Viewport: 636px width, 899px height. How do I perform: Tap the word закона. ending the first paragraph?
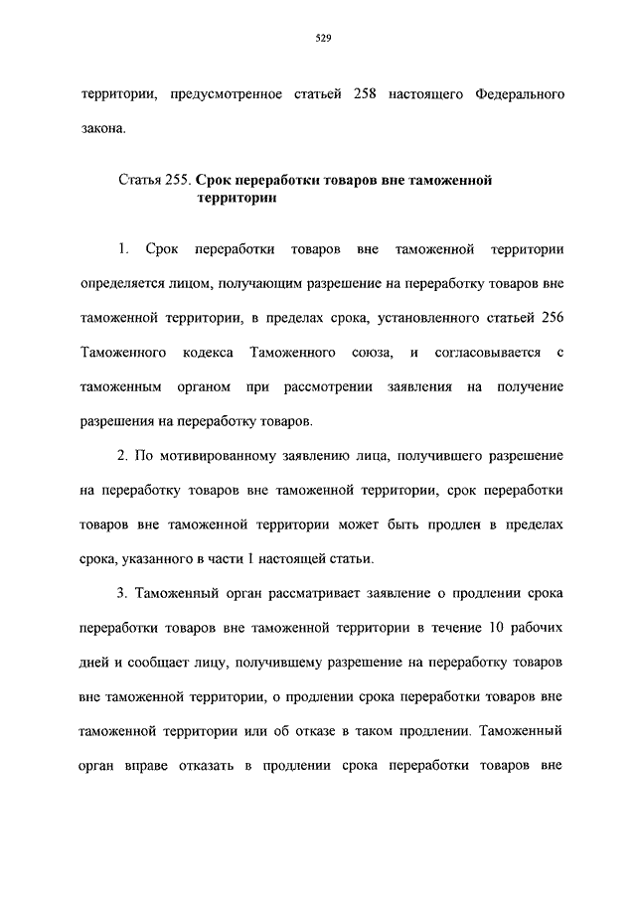103,127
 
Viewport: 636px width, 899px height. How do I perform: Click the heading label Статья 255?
155,181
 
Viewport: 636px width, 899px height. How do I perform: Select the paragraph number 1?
123,246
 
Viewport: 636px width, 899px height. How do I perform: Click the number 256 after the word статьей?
550,317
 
